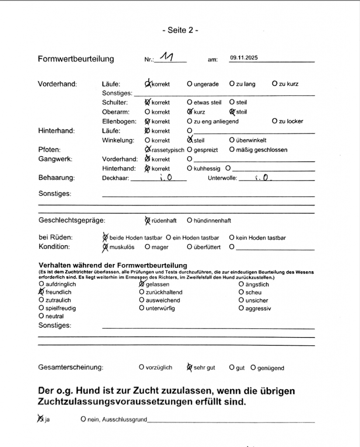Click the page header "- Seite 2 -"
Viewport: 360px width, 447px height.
pyautogui.click(x=180, y=31)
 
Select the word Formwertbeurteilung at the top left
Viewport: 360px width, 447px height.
pyautogui.click(x=76, y=59)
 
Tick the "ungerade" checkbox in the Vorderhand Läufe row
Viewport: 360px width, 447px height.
pyautogui.click(x=190, y=84)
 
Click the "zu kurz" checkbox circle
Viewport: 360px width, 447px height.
pyautogui.click(x=274, y=84)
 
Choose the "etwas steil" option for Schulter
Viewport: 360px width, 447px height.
pyautogui.click(x=190, y=103)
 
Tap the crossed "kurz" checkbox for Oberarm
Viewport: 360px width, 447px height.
pyautogui.click(x=190, y=112)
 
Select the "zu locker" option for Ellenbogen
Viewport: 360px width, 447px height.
pyautogui.click(x=274, y=121)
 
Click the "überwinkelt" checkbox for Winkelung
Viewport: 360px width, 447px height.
pyautogui.click(x=232, y=141)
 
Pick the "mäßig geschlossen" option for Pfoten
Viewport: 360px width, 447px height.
pyautogui.click(x=232, y=150)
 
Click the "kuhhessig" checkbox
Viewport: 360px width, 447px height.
pyautogui.click(x=190, y=168)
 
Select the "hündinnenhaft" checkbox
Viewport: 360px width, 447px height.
pyautogui.click(x=190, y=220)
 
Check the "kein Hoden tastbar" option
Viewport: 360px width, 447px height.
pyautogui.click(x=232, y=238)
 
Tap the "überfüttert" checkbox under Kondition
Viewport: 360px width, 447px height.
pyautogui.click(x=190, y=247)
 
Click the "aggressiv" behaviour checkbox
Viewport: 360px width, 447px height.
pyautogui.click(x=241, y=308)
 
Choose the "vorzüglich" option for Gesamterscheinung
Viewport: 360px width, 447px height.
pyautogui.click(x=141, y=368)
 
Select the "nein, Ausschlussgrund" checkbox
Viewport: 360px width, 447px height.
pyautogui.click(x=83, y=419)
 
